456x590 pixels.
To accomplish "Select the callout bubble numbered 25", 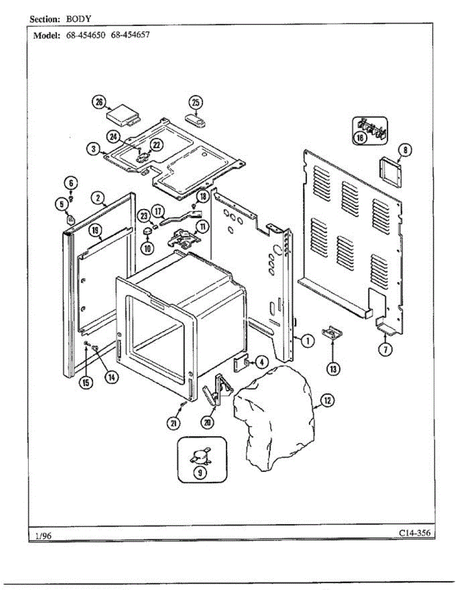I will click(196, 102).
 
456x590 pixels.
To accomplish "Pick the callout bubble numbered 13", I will click(334, 368).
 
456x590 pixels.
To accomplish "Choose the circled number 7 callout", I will click(385, 349).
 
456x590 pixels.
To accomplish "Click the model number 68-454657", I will click(130, 35).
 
